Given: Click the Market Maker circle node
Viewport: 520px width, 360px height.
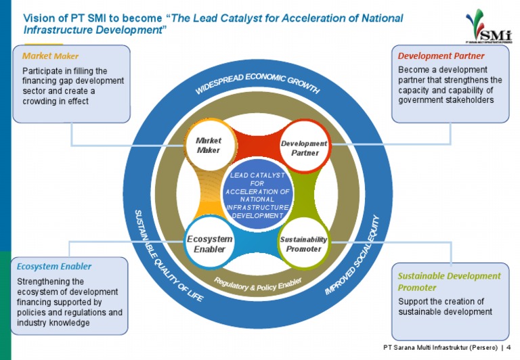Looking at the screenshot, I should pos(209,145).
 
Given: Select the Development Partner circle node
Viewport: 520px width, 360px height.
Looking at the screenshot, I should pos(304,148).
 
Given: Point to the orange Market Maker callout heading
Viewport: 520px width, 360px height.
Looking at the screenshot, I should pos(50,55).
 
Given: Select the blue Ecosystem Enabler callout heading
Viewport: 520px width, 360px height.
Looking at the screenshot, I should pos(53,266).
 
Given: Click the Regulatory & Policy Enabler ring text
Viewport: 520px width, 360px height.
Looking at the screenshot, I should pos(257,284).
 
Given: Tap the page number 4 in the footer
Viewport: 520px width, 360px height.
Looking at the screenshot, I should pos(508,347).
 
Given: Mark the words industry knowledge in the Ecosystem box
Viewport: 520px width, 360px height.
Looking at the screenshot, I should pos(53,322).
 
